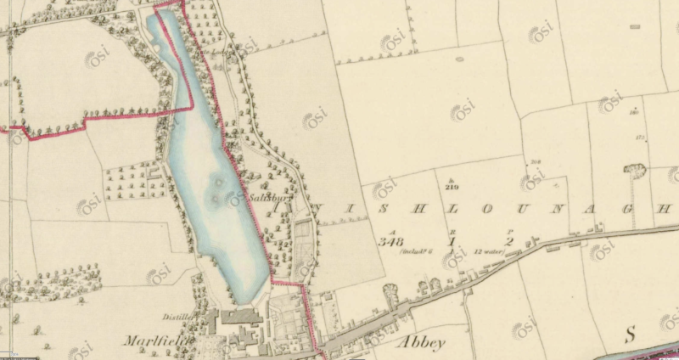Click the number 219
pyautogui.click(x=451, y=186)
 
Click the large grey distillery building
pyautogui.click(x=242, y=315)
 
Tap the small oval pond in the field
pyautogui.click(x=459, y=59)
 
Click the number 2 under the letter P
pyautogui.click(x=510, y=241)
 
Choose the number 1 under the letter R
pyautogui.click(x=452, y=242)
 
